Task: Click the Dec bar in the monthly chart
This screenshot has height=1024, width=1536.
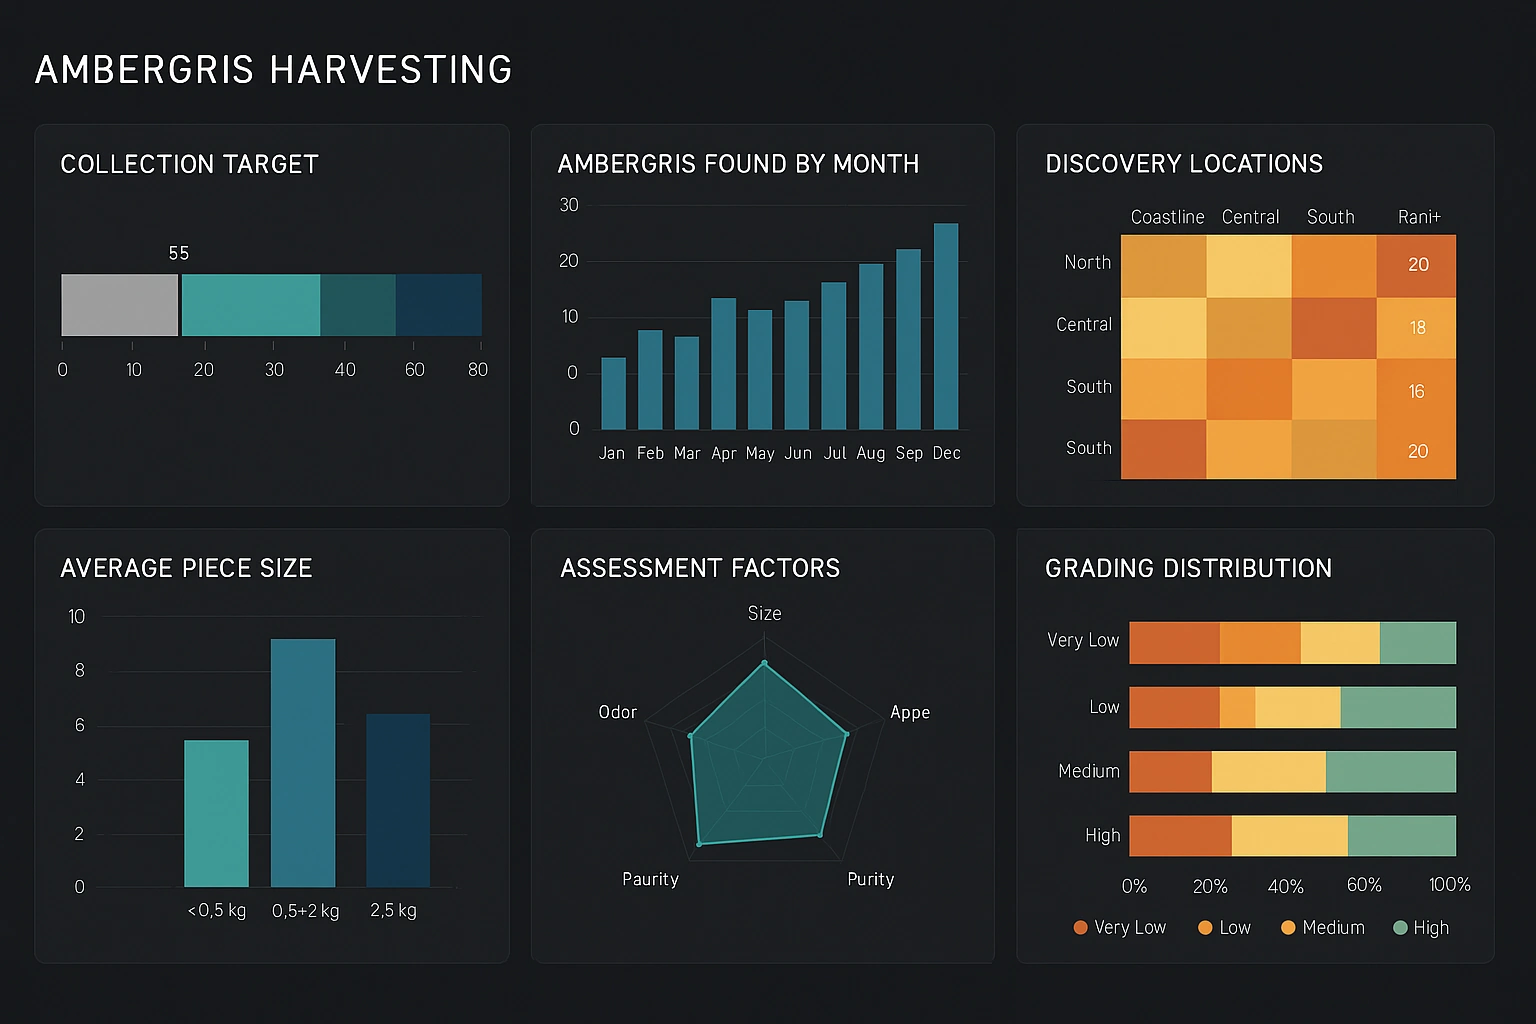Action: tap(945, 326)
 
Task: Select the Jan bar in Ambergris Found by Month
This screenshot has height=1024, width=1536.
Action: tap(613, 393)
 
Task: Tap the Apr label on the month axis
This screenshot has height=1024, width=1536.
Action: tap(724, 454)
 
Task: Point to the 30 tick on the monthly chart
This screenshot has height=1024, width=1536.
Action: tap(569, 205)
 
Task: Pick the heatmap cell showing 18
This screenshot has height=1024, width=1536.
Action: tap(1416, 328)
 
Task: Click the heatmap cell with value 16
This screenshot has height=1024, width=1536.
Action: tap(1416, 391)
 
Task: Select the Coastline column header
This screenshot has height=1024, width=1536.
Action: tap(1166, 217)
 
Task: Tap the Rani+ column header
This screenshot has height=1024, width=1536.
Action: tap(1418, 217)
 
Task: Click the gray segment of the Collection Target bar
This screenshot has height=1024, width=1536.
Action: tap(119, 305)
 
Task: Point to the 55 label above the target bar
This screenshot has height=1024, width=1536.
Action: tap(179, 253)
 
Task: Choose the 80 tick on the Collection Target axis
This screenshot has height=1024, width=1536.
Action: tap(478, 370)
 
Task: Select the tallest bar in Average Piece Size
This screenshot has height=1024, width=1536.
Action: tap(303, 762)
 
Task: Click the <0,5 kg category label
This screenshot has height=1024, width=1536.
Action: tap(217, 911)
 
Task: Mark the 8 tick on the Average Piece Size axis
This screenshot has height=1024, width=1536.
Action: tap(80, 671)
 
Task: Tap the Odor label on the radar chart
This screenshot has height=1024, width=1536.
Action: tap(617, 712)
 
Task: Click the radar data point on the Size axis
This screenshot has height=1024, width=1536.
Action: tap(765, 663)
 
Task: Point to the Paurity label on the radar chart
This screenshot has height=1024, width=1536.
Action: tap(650, 879)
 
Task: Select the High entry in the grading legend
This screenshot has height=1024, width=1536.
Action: tap(1421, 928)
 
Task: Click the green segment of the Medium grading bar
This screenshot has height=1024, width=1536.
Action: tap(1390, 772)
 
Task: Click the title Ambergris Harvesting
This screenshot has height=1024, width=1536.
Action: tap(273, 70)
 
